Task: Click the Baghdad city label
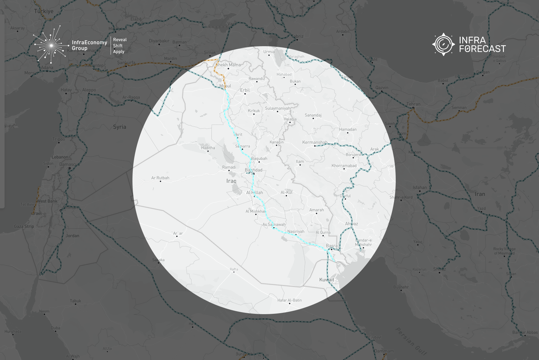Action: (x=253, y=170)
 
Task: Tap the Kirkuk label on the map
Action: (x=254, y=111)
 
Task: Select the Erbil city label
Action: (x=245, y=90)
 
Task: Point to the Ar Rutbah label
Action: (x=160, y=178)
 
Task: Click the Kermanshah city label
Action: (x=315, y=142)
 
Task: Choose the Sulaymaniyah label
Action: (x=277, y=108)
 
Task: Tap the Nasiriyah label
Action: (x=296, y=231)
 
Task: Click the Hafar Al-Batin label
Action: (x=289, y=300)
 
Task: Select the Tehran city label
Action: (x=413, y=104)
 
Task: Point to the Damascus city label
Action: (x=69, y=164)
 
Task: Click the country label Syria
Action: (x=119, y=127)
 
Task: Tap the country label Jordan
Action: (x=72, y=236)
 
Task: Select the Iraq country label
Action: (x=231, y=181)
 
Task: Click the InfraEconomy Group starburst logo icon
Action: (x=51, y=45)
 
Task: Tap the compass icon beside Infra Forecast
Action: (x=443, y=44)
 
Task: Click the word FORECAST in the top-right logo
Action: (x=482, y=49)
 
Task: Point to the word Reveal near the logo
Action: (x=120, y=40)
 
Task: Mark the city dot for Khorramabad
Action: (x=344, y=169)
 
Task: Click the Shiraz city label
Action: (x=439, y=269)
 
